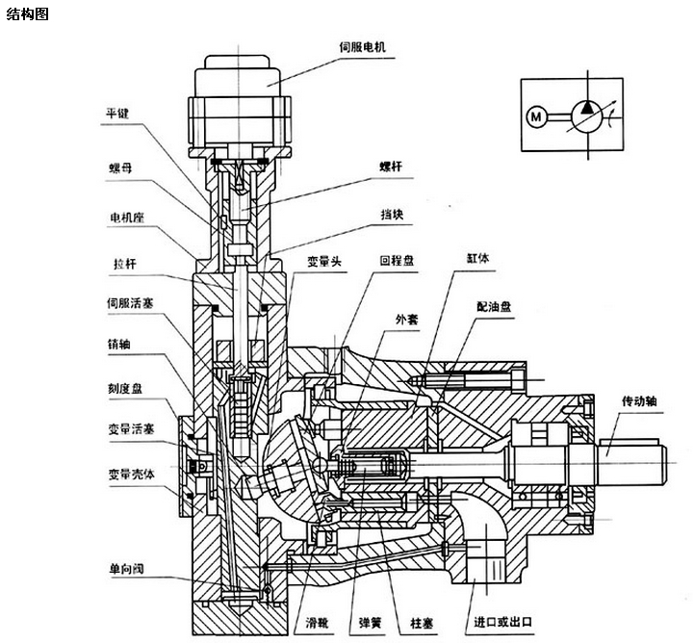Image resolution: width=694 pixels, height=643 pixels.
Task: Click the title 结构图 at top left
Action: click(26, 13)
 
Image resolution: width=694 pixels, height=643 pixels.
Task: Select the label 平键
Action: click(116, 113)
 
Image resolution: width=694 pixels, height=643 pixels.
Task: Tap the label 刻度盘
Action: click(124, 391)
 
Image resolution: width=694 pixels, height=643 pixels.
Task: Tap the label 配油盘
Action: click(494, 306)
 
